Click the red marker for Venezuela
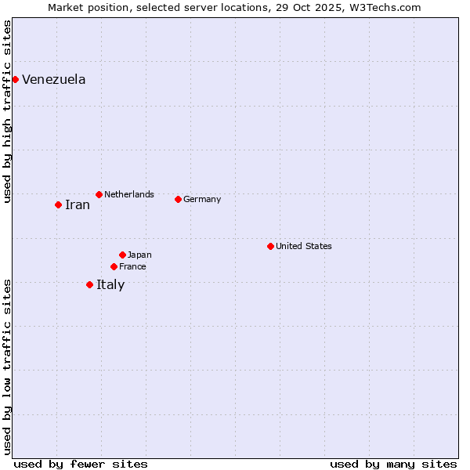point(15,79)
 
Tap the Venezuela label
point(53,80)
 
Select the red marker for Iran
point(58,204)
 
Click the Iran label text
point(77,205)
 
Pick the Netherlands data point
point(99,194)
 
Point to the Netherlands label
point(128,194)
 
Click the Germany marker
point(178,199)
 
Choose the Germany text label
point(202,199)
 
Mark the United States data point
point(270,246)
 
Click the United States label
point(303,246)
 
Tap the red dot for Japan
point(122,255)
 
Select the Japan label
point(139,255)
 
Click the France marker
point(114,266)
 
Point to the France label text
point(132,266)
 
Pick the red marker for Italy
point(89,284)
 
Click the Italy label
point(110,285)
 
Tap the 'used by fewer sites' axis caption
point(81,464)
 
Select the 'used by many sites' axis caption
point(393,464)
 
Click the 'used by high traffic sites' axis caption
point(7,111)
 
